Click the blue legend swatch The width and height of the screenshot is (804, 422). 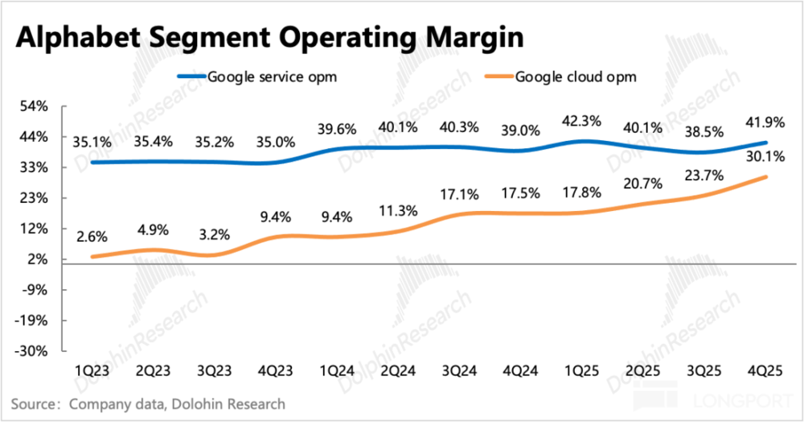click(x=192, y=76)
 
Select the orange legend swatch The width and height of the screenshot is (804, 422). click(x=498, y=76)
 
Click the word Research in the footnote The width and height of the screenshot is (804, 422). click(x=255, y=403)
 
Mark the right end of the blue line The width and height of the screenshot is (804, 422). click(x=766, y=143)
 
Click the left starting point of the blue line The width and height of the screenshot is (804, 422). click(x=92, y=163)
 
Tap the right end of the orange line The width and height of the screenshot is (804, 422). click(x=766, y=176)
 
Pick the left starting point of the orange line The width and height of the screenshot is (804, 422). click(x=92, y=257)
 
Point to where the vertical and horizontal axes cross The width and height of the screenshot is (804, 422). click(x=62, y=263)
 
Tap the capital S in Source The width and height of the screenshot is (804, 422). click(x=14, y=403)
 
